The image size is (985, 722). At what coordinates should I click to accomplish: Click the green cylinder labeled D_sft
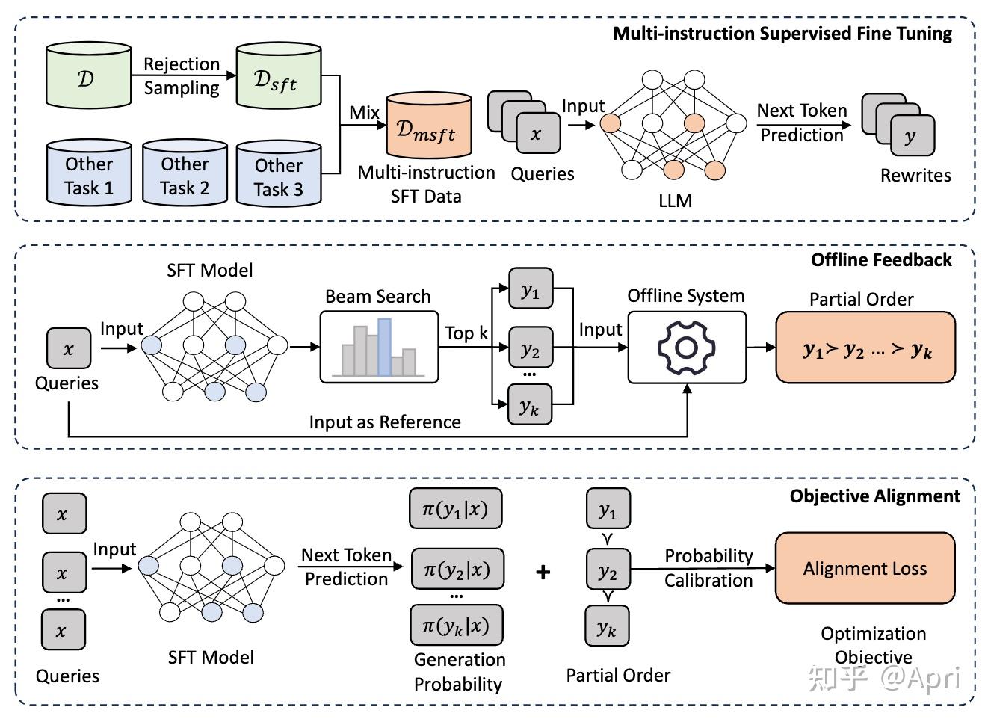pyautogui.click(x=279, y=75)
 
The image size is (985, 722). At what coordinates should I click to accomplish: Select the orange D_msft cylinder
pyautogui.click(x=429, y=125)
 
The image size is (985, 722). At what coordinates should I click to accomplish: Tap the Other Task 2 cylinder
pyautogui.click(x=185, y=173)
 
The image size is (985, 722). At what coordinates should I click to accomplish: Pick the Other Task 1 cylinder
pyautogui.click(x=89, y=173)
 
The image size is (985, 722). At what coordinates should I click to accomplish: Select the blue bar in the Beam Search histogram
pyautogui.click(x=384, y=347)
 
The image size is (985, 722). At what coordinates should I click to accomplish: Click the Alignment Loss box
pyautogui.click(x=865, y=568)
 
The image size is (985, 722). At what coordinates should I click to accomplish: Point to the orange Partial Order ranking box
pyautogui.click(x=865, y=348)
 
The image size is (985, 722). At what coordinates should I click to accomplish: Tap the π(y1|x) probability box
pyautogui.click(x=456, y=508)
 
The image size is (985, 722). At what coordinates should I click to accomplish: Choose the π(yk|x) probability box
pyautogui.click(x=457, y=625)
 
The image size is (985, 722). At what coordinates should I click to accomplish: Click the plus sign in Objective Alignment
pyautogui.click(x=543, y=572)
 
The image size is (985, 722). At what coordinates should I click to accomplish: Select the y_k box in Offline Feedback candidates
pyautogui.click(x=529, y=404)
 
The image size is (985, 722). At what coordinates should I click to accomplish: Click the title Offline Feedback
pyautogui.click(x=881, y=260)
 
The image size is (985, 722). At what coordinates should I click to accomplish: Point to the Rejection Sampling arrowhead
pyautogui.click(x=231, y=75)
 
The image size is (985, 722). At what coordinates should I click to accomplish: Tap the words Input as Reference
pyautogui.click(x=385, y=422)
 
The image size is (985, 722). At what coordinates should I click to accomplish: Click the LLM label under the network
pyautogui.click(x=675, y=201)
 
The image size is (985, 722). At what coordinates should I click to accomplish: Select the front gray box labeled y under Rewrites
pyautogui.click(x=913, y=135)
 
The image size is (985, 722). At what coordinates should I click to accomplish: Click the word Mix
pyautogui.click(x=364, y=113)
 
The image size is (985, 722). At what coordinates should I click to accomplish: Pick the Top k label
pyautogui.click(x=466, y=333)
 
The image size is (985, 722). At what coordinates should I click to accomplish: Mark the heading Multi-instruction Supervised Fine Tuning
pyautogui.click(x=782, y=34)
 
